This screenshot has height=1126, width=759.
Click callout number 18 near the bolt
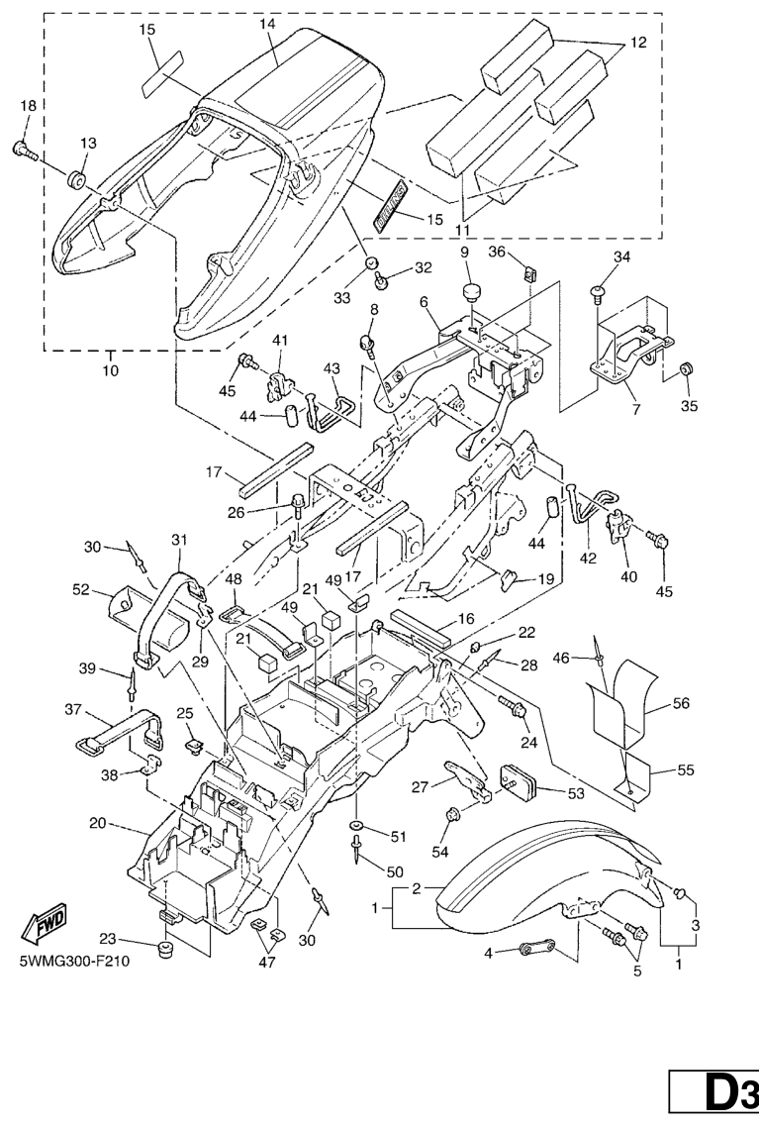pos(27,106)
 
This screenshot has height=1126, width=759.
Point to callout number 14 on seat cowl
pos(239,24)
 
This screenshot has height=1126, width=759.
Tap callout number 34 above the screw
pos(622,258)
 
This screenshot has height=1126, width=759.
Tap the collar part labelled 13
pos(76,180)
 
